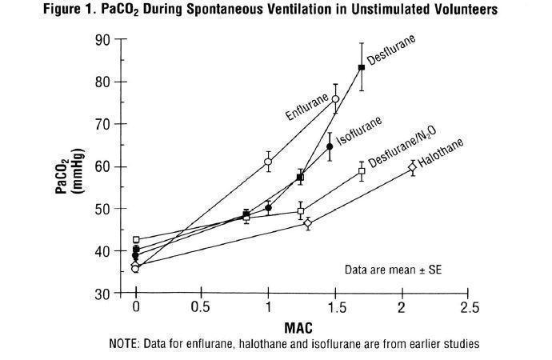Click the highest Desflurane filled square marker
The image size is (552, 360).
click(362, 67)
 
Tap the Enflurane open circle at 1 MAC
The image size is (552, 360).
click(268, 162)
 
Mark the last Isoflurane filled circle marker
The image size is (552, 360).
click(330, 146)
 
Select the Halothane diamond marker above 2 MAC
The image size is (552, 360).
click(412, 167)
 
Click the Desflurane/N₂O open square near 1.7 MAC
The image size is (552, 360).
click(362, 171)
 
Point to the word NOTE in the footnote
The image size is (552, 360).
click(124, 345)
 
